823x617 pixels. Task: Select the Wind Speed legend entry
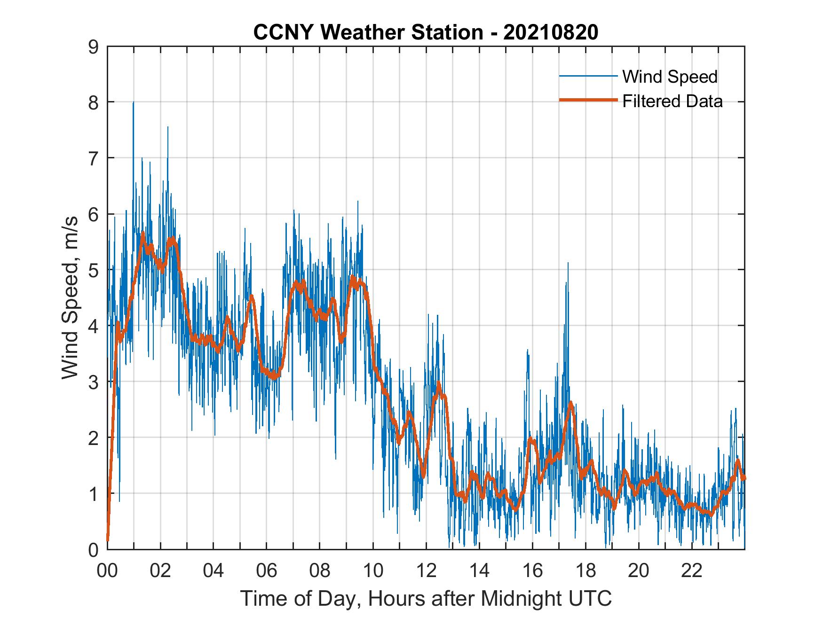click(670, 77)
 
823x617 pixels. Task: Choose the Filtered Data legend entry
click(672, 101)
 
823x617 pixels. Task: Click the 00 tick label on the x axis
click(107, 570)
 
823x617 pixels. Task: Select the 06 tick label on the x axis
click(267, 570)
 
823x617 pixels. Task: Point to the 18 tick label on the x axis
click(586, 570)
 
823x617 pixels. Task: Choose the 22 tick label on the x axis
click(692, 570)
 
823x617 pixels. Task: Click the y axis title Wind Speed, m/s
click(70, 298)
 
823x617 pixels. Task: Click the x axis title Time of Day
click(426, 598)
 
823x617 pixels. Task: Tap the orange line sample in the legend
click(587, 100)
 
